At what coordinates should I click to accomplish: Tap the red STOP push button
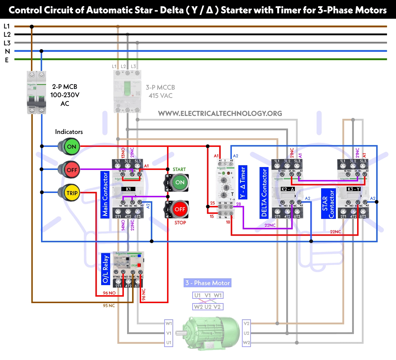coord(179,209)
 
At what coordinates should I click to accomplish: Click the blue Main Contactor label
coord(105,194)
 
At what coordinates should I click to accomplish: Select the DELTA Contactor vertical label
coord(264,193)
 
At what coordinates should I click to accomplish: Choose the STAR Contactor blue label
coord(328,203)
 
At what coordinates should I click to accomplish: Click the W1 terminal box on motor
coord(169,323)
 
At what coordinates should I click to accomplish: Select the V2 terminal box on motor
coord(247,323)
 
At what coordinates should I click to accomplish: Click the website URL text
coord(220,113)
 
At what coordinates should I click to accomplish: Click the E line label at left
coord(6,60)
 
